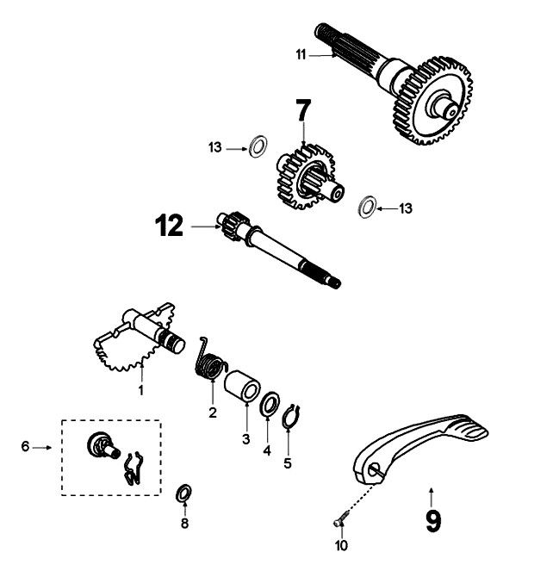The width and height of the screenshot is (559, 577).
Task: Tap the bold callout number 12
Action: click(170, 226)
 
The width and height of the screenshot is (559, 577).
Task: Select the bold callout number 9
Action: click(432, 521)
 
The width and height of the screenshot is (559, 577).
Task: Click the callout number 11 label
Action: click(301, 54)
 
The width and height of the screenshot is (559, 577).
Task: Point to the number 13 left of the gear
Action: click(215, 148)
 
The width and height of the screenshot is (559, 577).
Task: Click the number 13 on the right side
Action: click(406, 208)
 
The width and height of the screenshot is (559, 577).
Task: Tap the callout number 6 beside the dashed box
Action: click(26, 446)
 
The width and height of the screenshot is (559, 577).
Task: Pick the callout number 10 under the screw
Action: click(341, 545)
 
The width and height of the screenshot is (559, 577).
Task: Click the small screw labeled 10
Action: click(339, 518)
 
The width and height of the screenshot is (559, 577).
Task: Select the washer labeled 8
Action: click(183, 493)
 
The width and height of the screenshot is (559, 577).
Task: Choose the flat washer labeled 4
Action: click(269, 401)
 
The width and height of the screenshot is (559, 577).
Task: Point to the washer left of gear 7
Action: click(256, 146)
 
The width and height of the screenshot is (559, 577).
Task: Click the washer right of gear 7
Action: click(367, 207)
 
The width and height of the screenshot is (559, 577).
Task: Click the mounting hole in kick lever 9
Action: click(376, 469)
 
